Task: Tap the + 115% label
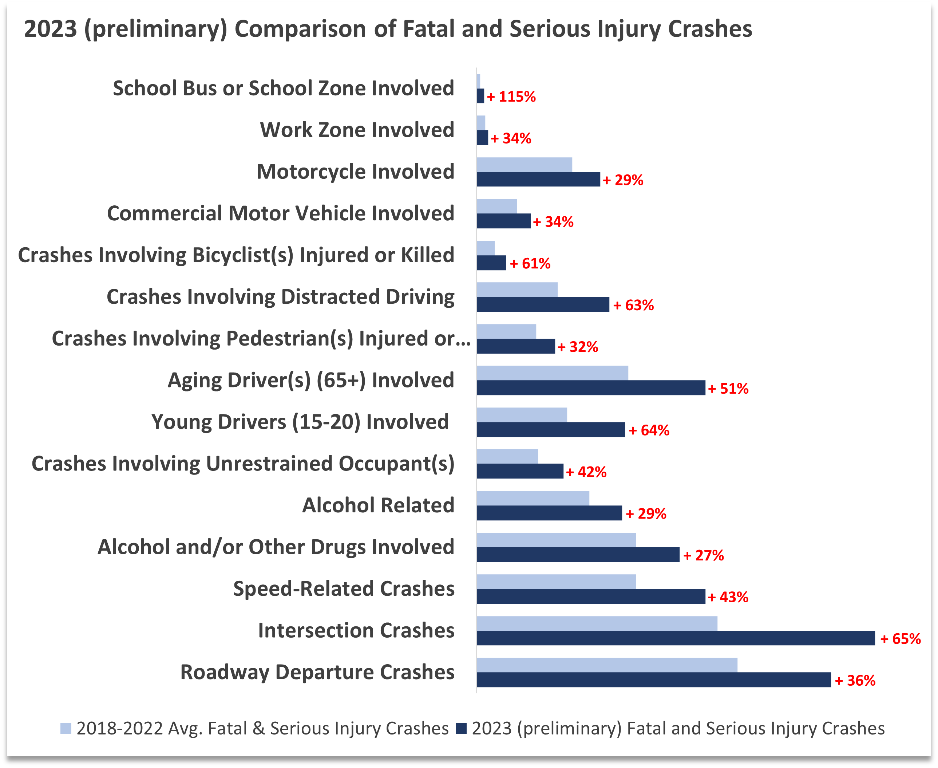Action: point(511,97)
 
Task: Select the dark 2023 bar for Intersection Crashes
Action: point(675,638)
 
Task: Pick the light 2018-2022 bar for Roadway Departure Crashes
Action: point(607,665)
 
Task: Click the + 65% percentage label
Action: point(900,639)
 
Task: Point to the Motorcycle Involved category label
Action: point(355,172)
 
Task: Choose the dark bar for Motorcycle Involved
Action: point(538,179)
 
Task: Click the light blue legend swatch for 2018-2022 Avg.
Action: point(66,729)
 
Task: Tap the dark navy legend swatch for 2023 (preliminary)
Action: point(461,729)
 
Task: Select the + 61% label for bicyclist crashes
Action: point(530,264)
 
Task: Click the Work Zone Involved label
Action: point(357,130)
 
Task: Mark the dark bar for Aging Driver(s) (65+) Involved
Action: point(591,387)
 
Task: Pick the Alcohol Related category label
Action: point(378,505)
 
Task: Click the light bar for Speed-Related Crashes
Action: point(556,581)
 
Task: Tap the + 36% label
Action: point(855,680)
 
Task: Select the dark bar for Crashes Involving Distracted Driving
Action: point(543,304)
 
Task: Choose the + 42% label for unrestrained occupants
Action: point(586,472)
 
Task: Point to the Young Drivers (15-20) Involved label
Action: point(300,422)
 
